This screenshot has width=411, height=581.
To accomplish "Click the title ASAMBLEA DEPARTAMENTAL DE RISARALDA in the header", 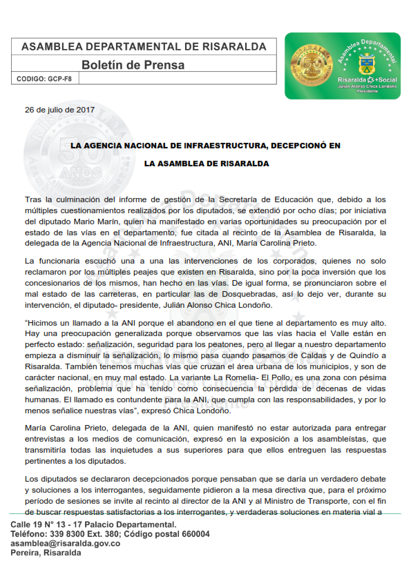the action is click(144, 47).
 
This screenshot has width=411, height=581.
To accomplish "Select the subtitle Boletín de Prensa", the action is click(133, 65).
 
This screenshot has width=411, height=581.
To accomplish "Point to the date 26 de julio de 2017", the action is click(59, 109).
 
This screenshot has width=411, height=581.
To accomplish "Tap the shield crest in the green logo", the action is click(366, 67).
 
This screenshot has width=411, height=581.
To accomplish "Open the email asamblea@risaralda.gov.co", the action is click(66, 543).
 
